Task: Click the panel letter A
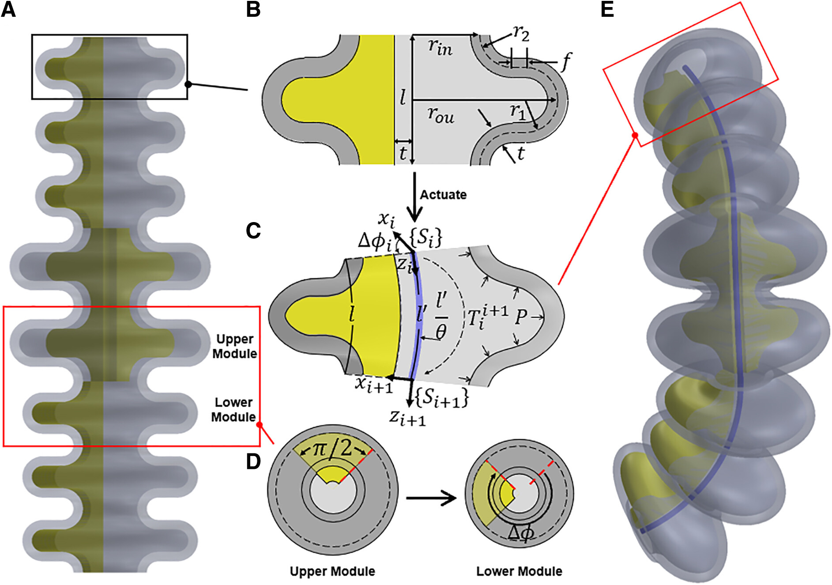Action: [x=8, y=10]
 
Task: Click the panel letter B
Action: [x=253, y=10]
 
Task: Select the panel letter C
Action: [x=253, y=230]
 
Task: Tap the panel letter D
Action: [x=253, y=461]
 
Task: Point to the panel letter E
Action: [x=607, y=10]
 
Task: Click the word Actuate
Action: [x=443, y=195]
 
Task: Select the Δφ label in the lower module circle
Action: [x=521, y=533]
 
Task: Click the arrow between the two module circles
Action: [x=431, y=498]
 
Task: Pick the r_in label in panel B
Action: [x=440, y=46]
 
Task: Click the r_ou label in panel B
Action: [x=440, y=116]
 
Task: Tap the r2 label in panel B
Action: [x=521, y=34]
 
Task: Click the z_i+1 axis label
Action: [x=407, y=417]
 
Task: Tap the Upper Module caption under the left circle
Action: [x=332, y=571]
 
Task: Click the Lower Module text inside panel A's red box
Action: [x=233, y=410]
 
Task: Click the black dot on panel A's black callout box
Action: [x=188, y=84]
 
